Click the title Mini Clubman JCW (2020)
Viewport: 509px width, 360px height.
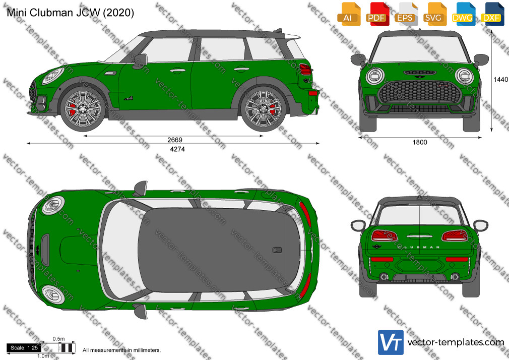(x=70, y=13)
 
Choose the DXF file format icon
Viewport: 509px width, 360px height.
(x=492, y=14)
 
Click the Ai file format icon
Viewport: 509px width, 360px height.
(x=348, y=14)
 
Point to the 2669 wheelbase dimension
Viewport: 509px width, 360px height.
(x=175, y=140)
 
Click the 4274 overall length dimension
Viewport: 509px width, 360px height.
(x=177, y=149)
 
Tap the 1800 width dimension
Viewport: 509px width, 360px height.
(x=420, y=142)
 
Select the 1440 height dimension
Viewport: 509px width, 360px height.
(x=500, y=79)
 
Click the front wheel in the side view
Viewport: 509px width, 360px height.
(x=83, y=108)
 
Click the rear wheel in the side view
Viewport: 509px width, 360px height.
(x=263, y=108)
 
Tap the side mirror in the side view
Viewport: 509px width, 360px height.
(x=140, y=61)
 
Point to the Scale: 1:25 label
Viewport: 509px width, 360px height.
(x=24, y=348)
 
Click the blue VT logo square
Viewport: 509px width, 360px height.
(x=391, y=342)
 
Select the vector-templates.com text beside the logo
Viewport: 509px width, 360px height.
(x=456, y=342)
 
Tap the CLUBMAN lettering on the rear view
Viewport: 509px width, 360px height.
(x=419, y=247)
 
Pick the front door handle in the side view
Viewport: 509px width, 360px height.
(x=177, y=71)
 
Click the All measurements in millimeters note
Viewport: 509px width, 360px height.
(x=121, y=350)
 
